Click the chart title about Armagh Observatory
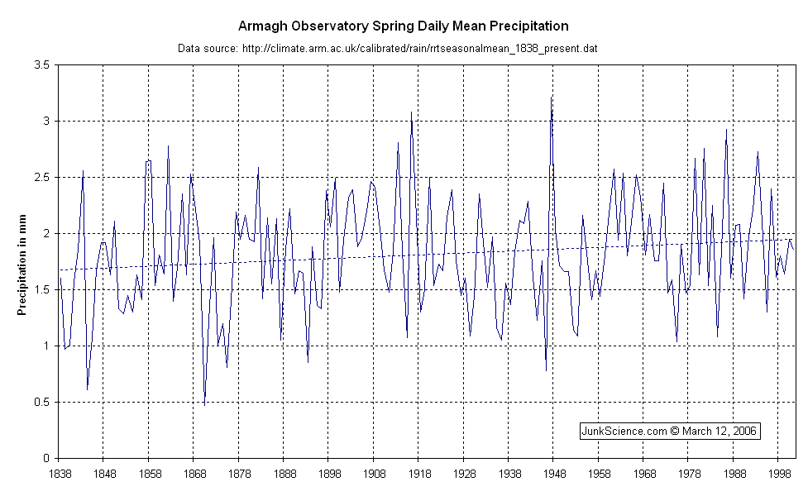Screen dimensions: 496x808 [x=404, y=26]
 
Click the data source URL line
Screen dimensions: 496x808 [x=388, y=49]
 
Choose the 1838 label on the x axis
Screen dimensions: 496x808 [x=59, y=474]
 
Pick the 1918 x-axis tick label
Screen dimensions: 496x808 [x=418, y=474]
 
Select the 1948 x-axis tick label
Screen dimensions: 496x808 [x=553, y=474]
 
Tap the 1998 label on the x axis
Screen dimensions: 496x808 [x=778, y=474]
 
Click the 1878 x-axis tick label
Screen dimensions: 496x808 [x=238, y=474]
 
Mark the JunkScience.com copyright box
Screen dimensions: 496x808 [x=670, y=431]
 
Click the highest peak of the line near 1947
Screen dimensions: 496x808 [x=551, y=97]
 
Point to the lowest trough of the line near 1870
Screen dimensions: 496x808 [x=204, y=404]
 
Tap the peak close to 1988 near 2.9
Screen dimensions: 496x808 [x=726, y=130]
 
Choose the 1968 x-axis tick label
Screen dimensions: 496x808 [x=643, y=474]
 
